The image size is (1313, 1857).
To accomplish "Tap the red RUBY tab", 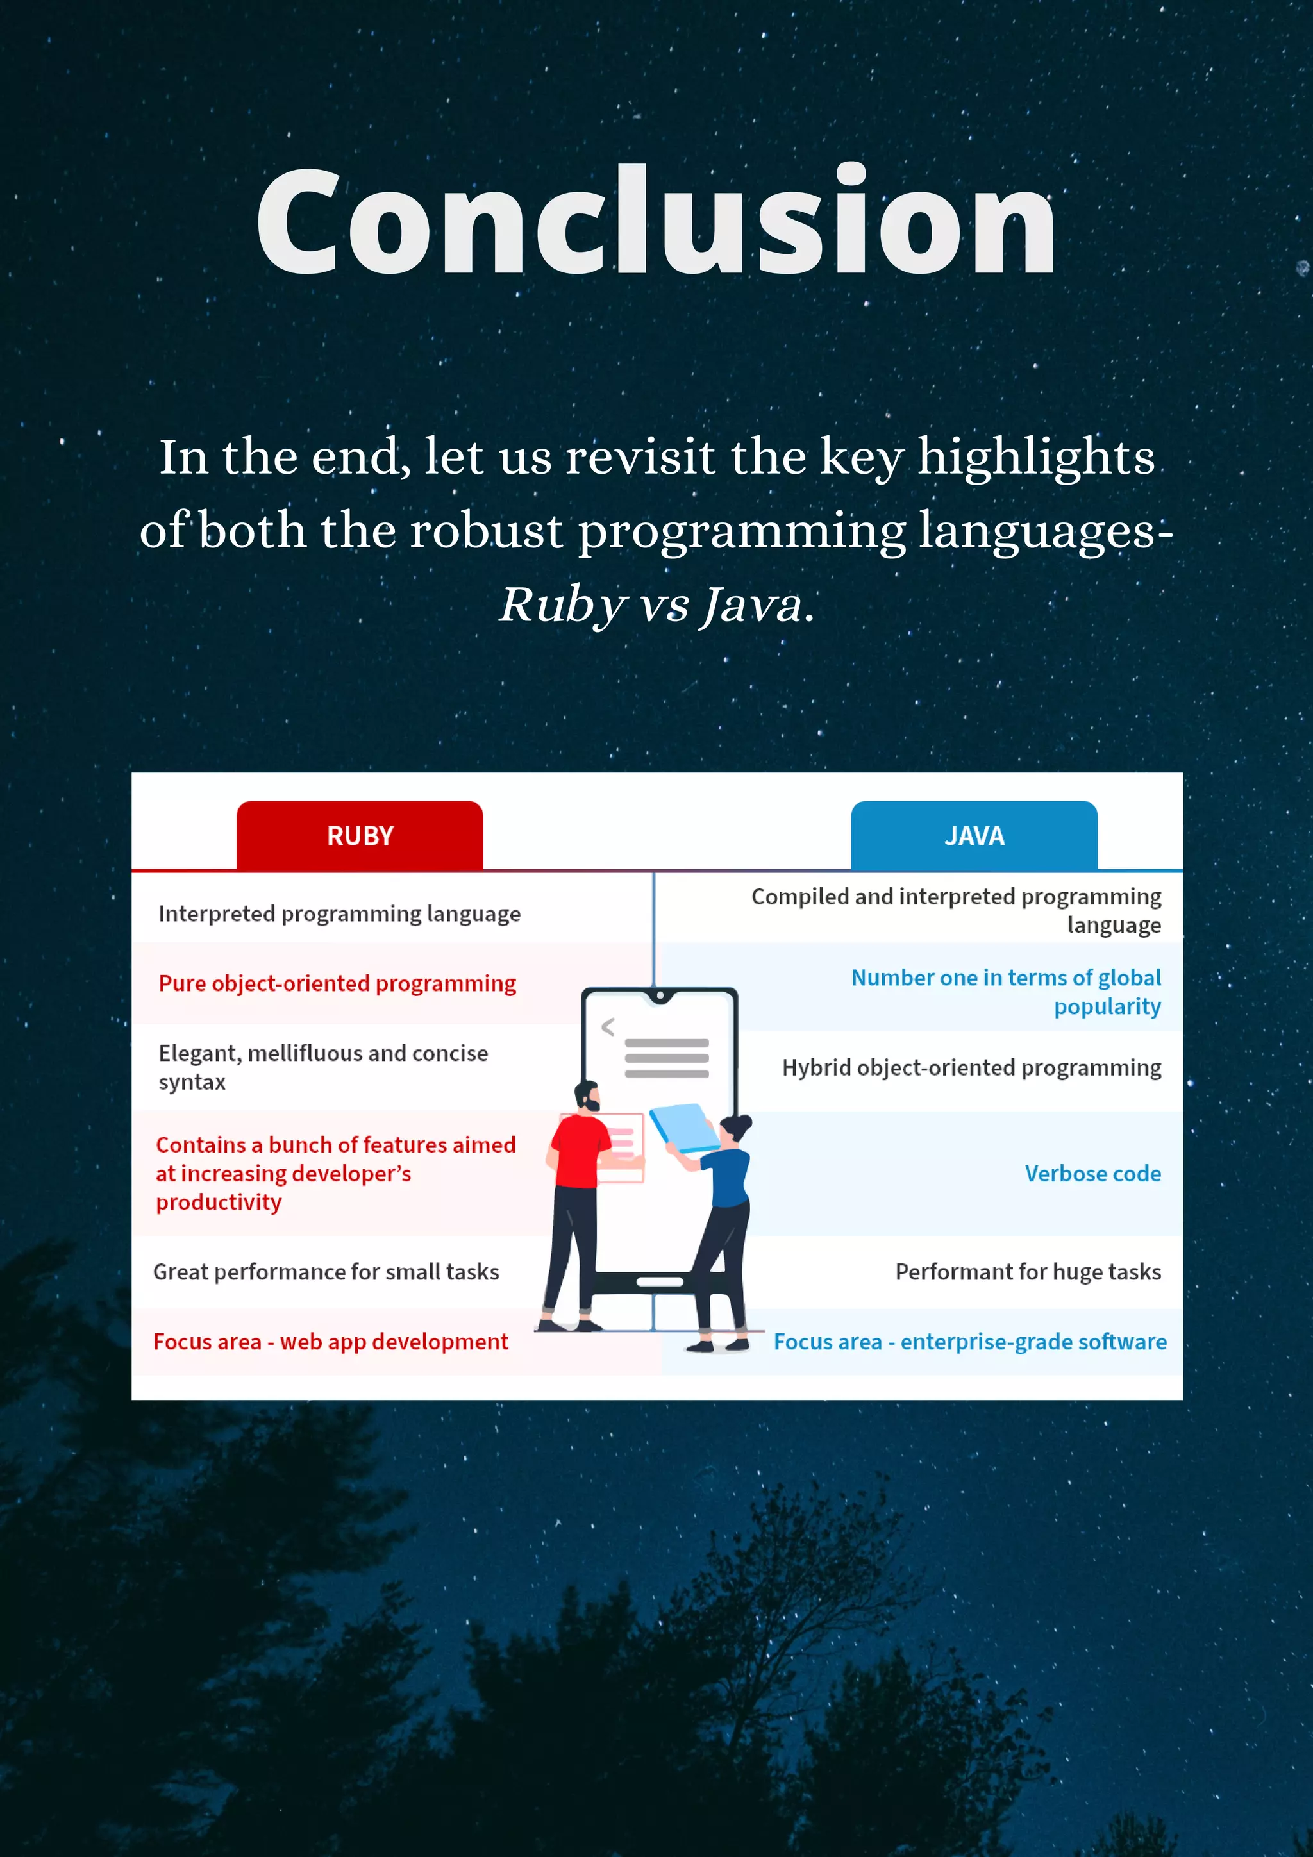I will pos(360,835).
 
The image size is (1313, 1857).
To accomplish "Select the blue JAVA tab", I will pos(974,835).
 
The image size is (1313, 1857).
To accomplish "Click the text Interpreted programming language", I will pos(339,914).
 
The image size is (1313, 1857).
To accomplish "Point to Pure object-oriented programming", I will pos(337,983).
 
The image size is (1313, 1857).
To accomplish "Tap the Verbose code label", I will pos(1092,1174).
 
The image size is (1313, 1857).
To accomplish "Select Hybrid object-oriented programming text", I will pos(971,1068).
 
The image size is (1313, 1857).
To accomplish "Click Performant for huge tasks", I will pos(1028,1272).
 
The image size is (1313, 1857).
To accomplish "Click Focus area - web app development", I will pos(330,1342).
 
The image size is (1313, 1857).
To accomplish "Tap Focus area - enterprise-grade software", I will pos(969,1342).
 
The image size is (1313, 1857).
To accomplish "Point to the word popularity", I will pos(1107,1007).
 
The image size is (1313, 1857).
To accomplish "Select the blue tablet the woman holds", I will pos(683,1127).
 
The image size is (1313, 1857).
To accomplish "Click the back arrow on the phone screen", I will pos(608,1027).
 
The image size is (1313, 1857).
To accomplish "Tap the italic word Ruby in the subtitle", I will pos(562,606).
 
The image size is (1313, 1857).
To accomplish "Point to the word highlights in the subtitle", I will pos(1035,458).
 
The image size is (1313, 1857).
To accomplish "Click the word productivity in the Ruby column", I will pos(219,1203).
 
